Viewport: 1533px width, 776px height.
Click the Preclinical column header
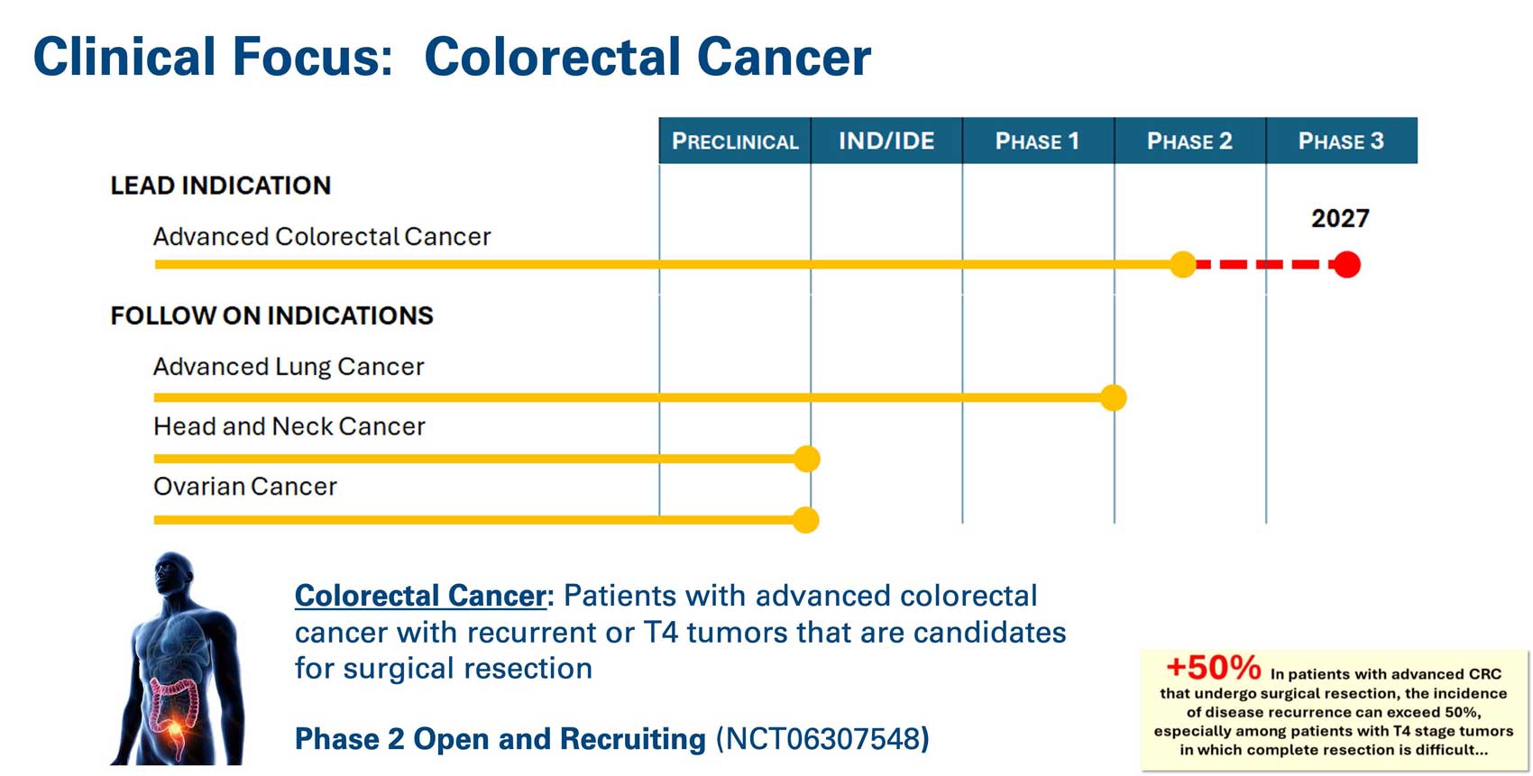point(735,141)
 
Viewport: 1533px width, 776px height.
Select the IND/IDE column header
point(887,141)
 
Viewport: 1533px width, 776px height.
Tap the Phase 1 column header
point(1038,141)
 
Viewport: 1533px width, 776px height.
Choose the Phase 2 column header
point(1190,141)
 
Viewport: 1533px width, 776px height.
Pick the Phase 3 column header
point(1342,141)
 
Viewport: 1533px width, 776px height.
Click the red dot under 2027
point(1347,265)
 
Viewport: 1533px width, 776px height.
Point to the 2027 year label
point(1340,219)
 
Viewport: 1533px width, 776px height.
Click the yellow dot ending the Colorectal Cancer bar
point(1182,265)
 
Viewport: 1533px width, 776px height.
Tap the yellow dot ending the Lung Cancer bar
point(1114,397)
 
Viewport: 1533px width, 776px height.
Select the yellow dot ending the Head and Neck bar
point(807,459)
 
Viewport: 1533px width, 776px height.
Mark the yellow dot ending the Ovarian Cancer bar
point(806,520)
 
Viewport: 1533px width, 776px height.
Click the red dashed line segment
point(1264,265)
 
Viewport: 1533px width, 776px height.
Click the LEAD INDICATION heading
point(220,186)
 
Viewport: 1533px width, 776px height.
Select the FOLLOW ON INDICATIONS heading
point(271,315)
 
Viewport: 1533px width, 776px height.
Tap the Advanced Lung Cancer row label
point(289,367)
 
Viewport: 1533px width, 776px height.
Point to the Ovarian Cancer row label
point(245,487)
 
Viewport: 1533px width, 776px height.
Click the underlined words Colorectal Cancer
point(420,596)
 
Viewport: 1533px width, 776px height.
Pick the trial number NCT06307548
point(822,739)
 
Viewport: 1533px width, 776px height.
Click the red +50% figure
point(1214,667)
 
